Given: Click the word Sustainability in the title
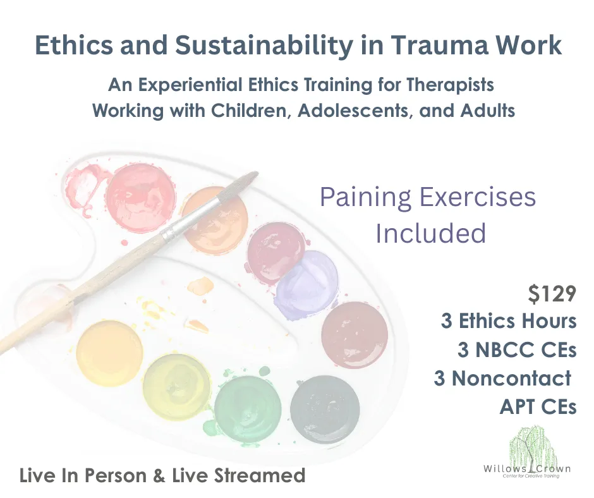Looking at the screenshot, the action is (264, 46).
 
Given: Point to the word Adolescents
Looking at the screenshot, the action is (355, 111).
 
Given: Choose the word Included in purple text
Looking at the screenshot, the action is (431, 233).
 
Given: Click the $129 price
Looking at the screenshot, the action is (552, 295).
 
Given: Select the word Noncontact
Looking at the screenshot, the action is (511, 378).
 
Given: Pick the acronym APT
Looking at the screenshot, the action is (517, 407).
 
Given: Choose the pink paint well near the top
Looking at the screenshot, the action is (141, 197).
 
